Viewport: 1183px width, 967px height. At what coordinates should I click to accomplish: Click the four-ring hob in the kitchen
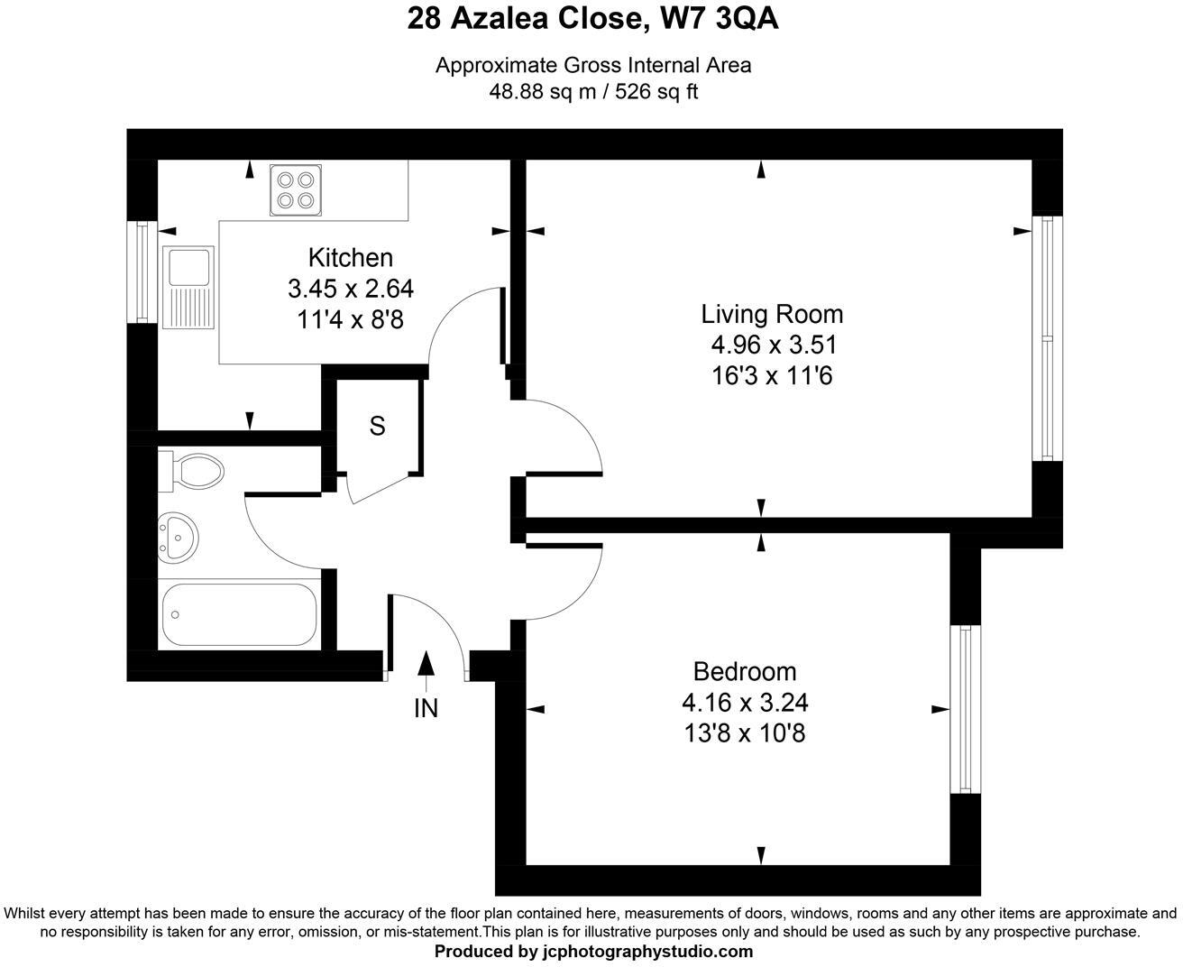click(x=296, y=190)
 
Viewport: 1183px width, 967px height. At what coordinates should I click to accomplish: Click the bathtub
click(x=240, y=615)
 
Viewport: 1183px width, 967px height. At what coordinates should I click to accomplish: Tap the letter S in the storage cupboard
click(x=378, y=426)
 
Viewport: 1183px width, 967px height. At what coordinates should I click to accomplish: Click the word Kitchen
click(x=350, y=258)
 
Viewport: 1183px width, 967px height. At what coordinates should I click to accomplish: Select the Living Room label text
click(x=772, y=314)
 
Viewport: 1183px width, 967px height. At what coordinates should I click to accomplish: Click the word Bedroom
click(x=744, y=671)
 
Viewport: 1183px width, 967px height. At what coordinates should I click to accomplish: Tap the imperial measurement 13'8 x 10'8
click(x=744, y=733)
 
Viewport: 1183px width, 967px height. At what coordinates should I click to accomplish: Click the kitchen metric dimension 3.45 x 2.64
click(x=350, y=289)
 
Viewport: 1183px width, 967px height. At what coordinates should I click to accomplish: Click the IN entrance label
click(x=426, y=709)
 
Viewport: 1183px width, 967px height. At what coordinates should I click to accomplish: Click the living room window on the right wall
click(x=1047, y=338)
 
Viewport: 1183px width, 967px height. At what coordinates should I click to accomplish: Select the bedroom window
click(x=966, y=709)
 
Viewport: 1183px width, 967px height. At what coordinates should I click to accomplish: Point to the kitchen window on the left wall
click(x=142, y=271)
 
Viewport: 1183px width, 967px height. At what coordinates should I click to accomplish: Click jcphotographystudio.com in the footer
click(x=647, y=952)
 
